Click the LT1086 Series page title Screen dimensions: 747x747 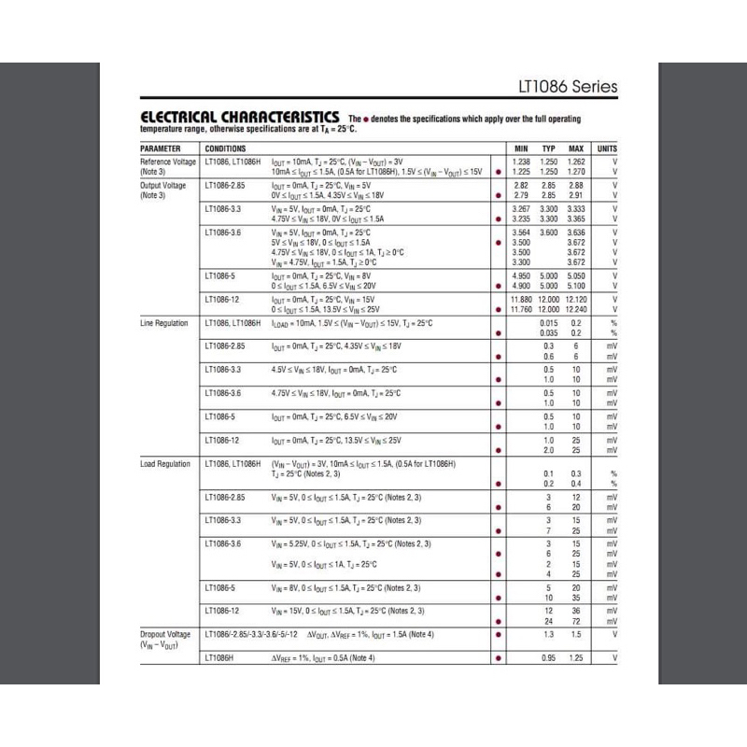(x=567, y=87)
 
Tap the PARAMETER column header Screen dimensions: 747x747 (x=161, y=148)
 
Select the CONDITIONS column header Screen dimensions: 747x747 (x=225, y=148)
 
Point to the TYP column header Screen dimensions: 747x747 (x=548, y=148)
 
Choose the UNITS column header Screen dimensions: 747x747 (x=607, y=148)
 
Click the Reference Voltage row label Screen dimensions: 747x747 (x=168, y=162)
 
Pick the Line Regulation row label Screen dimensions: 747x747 (x=164, y=323)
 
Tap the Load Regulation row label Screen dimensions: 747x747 (x=165, y=464)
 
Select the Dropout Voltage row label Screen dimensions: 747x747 (x=165, y=635)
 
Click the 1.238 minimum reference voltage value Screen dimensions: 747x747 (x=521, y=162)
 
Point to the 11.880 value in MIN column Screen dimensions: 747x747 (x=521, y=299)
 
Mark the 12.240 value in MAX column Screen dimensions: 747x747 (x=576, y=309)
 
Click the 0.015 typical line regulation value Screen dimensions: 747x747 (x=548, y=323)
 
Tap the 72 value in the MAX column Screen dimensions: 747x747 (x=576, y=621)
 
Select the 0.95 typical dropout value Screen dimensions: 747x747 (x=548, y=658)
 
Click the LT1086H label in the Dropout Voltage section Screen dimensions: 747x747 (x=219, y=658)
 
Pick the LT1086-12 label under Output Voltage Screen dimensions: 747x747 (x=222, y=299)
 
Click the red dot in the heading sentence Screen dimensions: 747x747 (x=366, y=120)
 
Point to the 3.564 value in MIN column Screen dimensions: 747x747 (x=521, y=232)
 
